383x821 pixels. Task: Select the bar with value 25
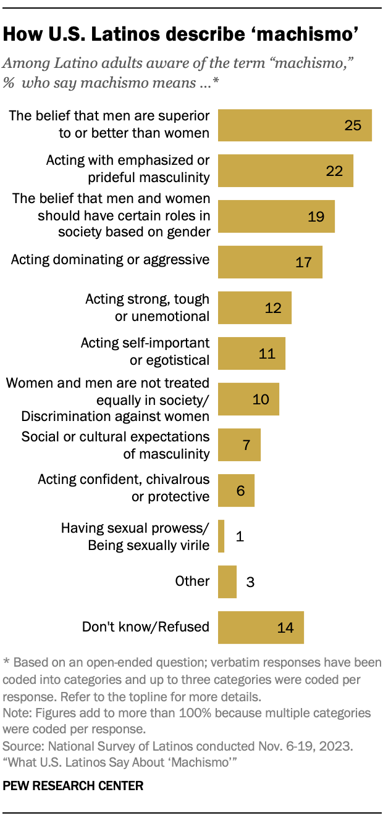point(295,125)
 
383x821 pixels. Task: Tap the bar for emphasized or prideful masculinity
point(285,171)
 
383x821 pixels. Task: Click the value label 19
point(316,216)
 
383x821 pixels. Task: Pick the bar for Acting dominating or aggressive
point(270,262)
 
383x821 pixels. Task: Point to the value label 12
point(272,307)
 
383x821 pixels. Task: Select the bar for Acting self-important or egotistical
point(251,353)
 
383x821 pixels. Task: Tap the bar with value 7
point(239,444)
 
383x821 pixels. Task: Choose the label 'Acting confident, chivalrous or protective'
point(124,488)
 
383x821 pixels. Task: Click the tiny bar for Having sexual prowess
point(221,536)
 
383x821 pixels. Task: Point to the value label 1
point(240,536)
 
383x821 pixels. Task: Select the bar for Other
point(227,581)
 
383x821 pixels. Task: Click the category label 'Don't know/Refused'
point(146,627)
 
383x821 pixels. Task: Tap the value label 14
point(285,627)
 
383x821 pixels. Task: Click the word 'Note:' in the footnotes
point(17,712)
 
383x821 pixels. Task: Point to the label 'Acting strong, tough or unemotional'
point(147,307)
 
